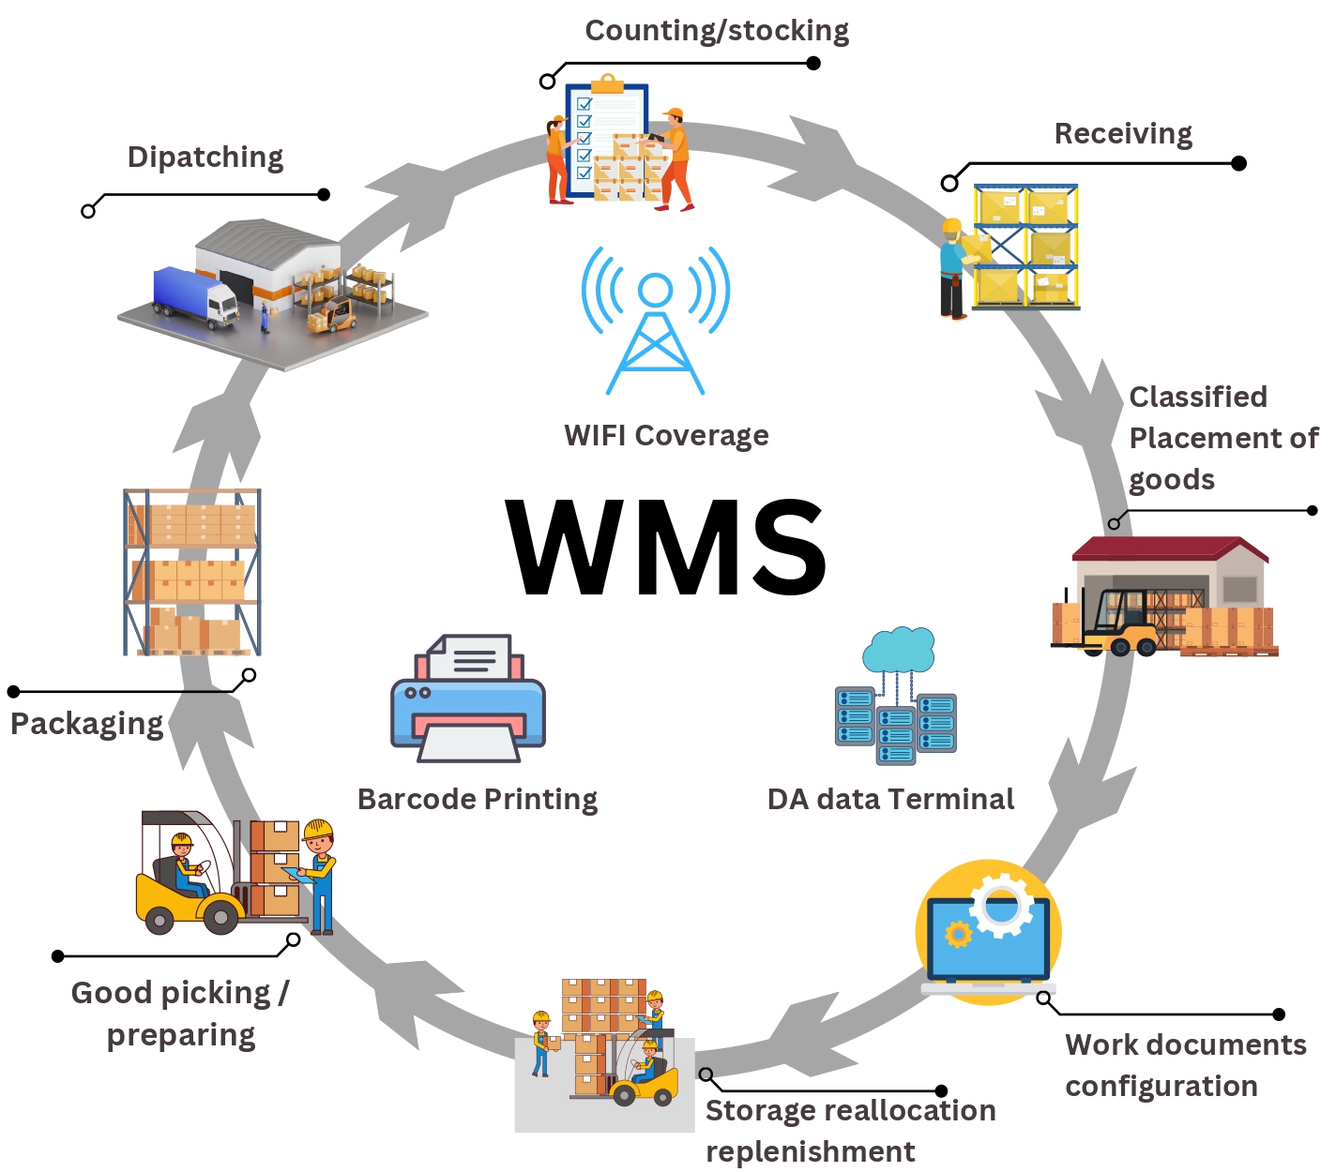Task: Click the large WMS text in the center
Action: point(666,548)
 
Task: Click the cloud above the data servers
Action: point(899,649)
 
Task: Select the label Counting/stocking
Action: point(717,31)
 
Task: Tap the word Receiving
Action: point(1123,134)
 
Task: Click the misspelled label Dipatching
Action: point(205,158)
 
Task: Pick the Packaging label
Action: point(87,724)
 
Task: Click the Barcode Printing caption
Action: point(478,800)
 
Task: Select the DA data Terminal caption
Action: point(890,800)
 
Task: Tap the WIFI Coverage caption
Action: point(666,436)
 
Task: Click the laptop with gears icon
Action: point(988,938)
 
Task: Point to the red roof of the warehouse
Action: point(1168,548)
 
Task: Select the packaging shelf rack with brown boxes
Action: point(192,572)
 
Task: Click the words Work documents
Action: point(1186,1045)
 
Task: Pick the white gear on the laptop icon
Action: point(1001,904)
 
